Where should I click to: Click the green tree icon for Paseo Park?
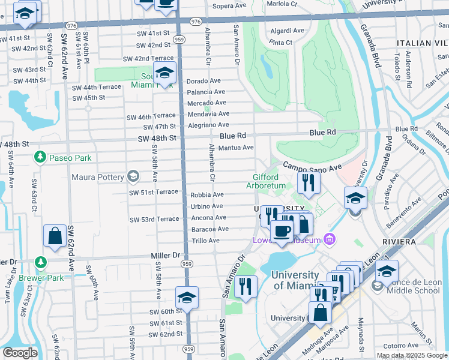tap(40, 157)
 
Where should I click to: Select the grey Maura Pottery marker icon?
tap(133, 176)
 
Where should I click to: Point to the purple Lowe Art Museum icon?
tap(329, 240)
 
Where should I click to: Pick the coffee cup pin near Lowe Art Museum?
tap(281, 231)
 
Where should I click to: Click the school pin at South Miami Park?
tap(164, 73)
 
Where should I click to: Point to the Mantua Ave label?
tap(236, 147)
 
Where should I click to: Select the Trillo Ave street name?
tap(205, 241)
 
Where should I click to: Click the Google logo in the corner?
tap(20, 353)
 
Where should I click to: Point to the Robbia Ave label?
tap(207, 195)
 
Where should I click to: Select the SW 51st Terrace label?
tap(154, 192)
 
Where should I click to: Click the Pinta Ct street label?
tap(281, 43)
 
